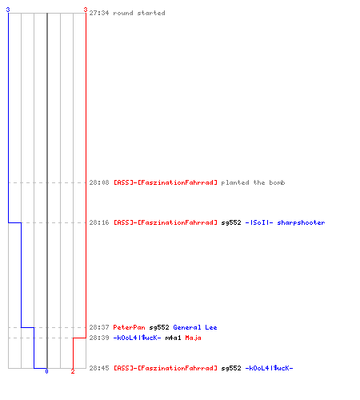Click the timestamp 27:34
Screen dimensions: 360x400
pyautogui.click(x=99, y=13)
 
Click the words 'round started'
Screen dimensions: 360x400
pyautogui.click(x=139, y=13)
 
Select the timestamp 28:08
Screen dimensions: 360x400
pyautogui.click(x=99, y=182)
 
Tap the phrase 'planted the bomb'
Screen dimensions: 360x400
pyautogui.click(x=253, y=182)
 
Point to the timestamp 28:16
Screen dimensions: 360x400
pyautogui.click(x=99, y=222)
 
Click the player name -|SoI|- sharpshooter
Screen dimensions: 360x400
pyautogui.click(x=285, y=222)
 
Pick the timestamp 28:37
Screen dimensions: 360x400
pyautogui.click(x=99, y=327)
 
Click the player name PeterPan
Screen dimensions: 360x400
pyautogui.click(x=129, y=327)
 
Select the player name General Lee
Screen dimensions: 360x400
pyautogui.click(x=195, y=327)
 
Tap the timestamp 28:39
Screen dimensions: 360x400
pyautogui.click(x=99, y=338)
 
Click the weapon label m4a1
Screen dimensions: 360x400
pyautogui.click(x=173, y=338)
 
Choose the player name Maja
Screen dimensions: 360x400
pyautogui.click(x=193, y=338)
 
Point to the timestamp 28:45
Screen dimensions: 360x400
pyautogui.click(x=99, y=368)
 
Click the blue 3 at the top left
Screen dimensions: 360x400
pyautogui.click(x=8, y=10)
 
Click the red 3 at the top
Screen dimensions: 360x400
pyautogui.click(x=86, y=10)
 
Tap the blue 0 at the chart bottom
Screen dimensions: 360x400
pyautogui.click(x=46, y=371)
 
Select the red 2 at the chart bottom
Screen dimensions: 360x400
pyautogui.click(x=73, y=371)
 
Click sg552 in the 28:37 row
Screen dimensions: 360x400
pyautogui.click(x=159, y=328)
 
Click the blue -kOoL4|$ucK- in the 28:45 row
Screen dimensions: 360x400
pyautogui.click(x=269, y=368)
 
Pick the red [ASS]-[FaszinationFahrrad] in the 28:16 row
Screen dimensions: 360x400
pyautogui.click(x=166, y=222)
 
